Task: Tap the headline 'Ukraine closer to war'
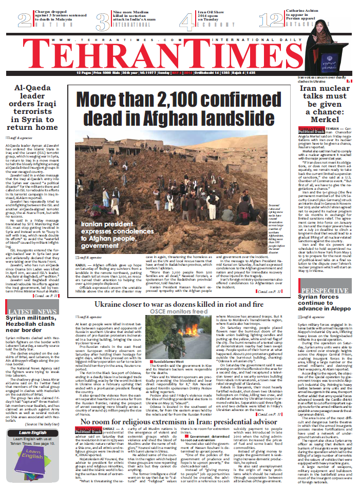pos(182,305)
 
